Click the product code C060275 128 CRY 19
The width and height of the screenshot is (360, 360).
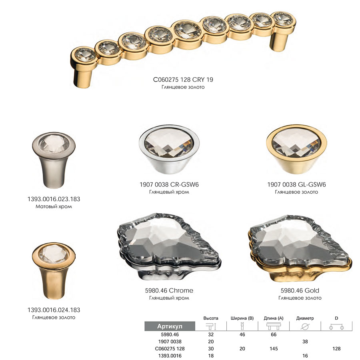coord(183,80)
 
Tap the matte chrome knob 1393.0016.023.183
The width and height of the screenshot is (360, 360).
coord(54,160)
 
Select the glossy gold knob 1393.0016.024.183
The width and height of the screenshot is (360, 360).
coord(54,271)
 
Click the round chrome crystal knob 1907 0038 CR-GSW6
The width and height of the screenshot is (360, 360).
coord(169,150)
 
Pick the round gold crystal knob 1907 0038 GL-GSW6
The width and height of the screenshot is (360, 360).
coord(296,150)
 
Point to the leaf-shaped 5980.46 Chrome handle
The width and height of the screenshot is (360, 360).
coord(169,246)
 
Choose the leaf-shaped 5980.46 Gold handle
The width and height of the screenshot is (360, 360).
coord(300,248)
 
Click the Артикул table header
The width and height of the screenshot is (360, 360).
coord(170,326)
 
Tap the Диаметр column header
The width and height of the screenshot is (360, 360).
coord(305,318)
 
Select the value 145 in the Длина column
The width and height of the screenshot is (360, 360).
coord(274,348)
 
